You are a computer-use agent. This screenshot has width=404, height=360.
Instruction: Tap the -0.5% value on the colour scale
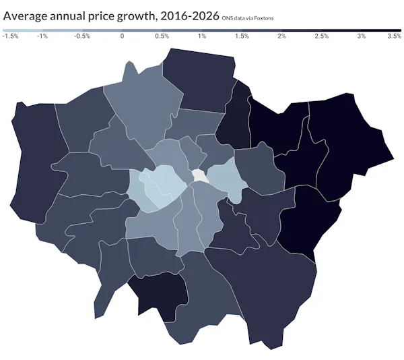click(x=82, y=36)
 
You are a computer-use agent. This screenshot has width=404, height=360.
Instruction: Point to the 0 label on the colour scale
click(x=122, y=36)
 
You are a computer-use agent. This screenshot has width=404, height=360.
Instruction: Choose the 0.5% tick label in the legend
click(x=162, y=36)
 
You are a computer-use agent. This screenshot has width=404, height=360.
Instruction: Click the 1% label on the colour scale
click(x=202, y=36)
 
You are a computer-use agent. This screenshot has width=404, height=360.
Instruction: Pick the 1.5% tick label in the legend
click(x=242, y=36)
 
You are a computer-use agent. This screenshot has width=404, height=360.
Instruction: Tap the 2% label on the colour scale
click(x=281, y=36)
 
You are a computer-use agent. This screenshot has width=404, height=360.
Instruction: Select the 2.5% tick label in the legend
click(x=322, y=36)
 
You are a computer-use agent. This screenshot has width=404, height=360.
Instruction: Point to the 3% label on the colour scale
click(x=362, y=36)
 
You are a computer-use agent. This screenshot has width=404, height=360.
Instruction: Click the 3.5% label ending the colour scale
click(x=395, y=36)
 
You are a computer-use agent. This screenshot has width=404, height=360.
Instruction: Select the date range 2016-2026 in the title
click(x=189, y=16)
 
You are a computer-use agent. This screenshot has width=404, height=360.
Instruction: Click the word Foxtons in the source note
click(x=263, y=18)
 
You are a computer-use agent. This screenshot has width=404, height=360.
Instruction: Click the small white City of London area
click(x=199, y=175)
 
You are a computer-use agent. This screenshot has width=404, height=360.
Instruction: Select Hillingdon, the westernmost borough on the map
click(x=30, y=162)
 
